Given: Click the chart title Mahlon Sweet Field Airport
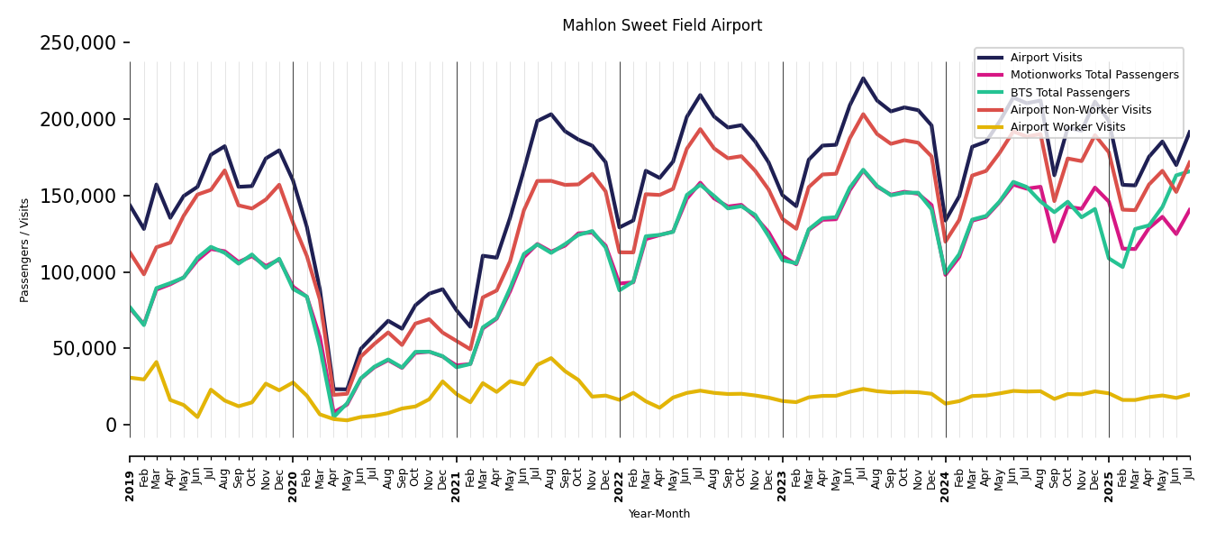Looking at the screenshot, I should (662, 26).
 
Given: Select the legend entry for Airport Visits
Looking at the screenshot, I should (1046, 58).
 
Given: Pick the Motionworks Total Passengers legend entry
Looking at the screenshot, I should (1094, 75).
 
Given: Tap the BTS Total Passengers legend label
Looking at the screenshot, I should (1069, 93).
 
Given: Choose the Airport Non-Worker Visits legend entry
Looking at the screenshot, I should (1080, 110).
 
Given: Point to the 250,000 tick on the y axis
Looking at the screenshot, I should (78, 43).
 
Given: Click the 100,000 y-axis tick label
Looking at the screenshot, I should (78, 272).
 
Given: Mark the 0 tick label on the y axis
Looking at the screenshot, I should (112, 426).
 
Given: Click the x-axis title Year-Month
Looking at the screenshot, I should (659, 514).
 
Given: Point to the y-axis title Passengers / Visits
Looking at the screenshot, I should (25, 250).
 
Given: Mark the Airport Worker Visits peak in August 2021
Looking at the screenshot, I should (551, 358).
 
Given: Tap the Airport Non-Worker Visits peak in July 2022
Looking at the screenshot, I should (700, 129).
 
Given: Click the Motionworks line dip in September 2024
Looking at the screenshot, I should (1054, 242).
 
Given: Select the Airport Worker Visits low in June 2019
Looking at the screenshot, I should (197, 417).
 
